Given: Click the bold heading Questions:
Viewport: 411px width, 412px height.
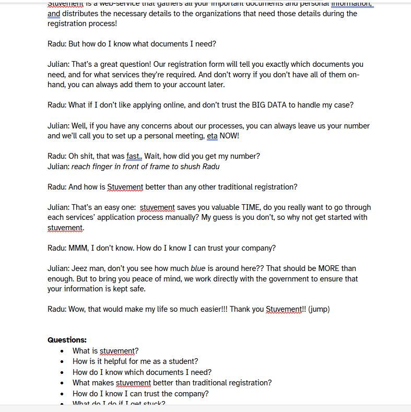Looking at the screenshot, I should point(67,340).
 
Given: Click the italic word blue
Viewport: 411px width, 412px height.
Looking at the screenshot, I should point(198,268).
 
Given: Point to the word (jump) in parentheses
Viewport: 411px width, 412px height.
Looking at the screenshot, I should point(319,309).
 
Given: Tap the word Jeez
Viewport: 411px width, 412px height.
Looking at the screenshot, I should point(81,268).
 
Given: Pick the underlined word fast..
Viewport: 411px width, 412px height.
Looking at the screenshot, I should point(133,156).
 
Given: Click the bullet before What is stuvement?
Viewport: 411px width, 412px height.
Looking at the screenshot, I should point(63,351).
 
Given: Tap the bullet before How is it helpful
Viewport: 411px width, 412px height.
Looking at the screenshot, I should point(63,361).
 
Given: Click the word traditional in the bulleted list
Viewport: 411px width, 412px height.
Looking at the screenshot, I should point(207,383).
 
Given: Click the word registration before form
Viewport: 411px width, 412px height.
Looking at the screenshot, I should point(195,64).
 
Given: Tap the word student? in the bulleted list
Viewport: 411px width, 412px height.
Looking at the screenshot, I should point(183,361).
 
